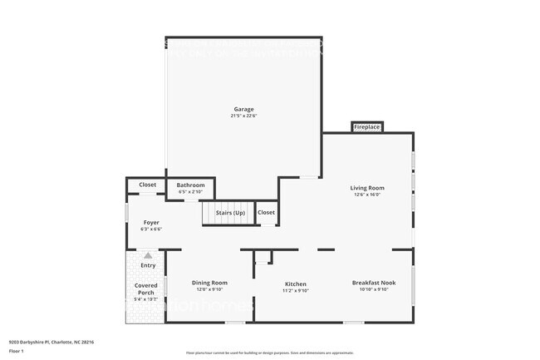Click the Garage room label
coord(243,109)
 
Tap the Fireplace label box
coord(366,127)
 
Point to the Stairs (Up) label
coord(230,214)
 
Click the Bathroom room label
coord(190,185)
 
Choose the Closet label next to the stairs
coord(266,213)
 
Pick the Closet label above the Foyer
coord(147,185)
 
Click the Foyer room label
coord(151,222)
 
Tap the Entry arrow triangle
coord(148,255)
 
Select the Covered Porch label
coord(146,288)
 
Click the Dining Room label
coord(209,283)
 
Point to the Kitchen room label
coord(296,283)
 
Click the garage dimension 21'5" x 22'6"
coord(243,116)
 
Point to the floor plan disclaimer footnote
coord(270,353)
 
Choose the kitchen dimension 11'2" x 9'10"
coord(296,290)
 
